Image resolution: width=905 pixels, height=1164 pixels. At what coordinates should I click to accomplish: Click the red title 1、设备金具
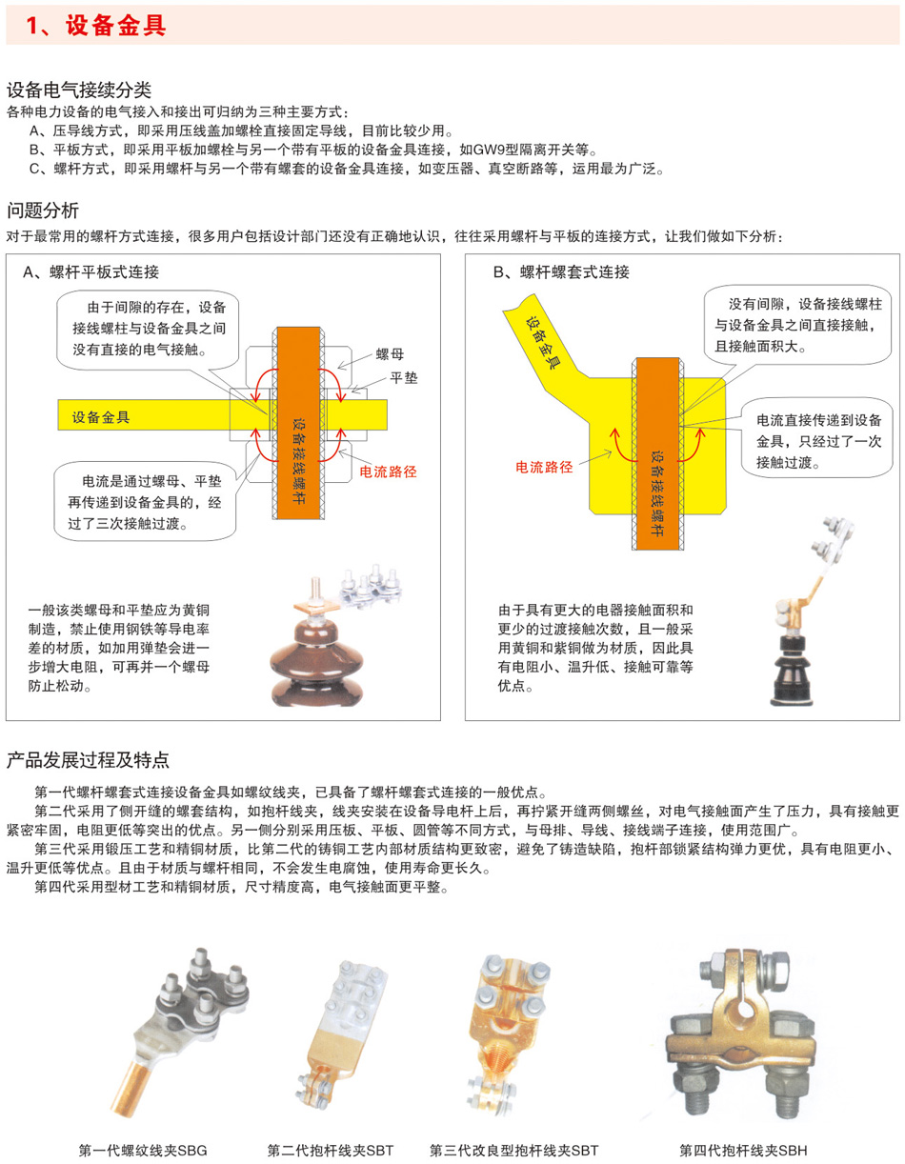coord(96,25)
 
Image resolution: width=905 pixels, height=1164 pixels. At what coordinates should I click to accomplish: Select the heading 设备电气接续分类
coord(79,90)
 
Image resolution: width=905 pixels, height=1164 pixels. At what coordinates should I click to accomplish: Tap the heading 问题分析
coord(43,210)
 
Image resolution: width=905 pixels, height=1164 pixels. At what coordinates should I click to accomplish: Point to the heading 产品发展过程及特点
coord(88,759)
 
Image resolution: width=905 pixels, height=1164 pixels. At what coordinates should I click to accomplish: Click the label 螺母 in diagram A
coord(390,354)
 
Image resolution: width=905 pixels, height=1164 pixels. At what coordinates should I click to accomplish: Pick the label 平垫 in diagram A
coord(404,378)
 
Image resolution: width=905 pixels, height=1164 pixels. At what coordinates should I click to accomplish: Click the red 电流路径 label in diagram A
coord(388,472)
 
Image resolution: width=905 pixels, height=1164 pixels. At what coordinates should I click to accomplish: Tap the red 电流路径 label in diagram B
coord(544,467)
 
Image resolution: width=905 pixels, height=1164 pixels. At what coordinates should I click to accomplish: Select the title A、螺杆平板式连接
coord(90,272)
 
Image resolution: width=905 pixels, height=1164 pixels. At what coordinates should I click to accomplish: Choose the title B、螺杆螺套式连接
coord(561,272)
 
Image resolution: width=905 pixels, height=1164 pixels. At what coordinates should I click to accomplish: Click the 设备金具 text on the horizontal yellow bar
coord(101,417)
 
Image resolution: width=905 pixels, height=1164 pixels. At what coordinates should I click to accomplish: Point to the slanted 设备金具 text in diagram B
coord(542,342)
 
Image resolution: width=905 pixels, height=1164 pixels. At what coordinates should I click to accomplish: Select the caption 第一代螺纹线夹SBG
coord(143,1150)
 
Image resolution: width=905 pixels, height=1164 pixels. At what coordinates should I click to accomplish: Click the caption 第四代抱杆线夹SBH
coord(743,1150)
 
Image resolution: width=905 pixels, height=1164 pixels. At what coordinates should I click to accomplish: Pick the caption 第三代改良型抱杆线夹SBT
coord(513,1150)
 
